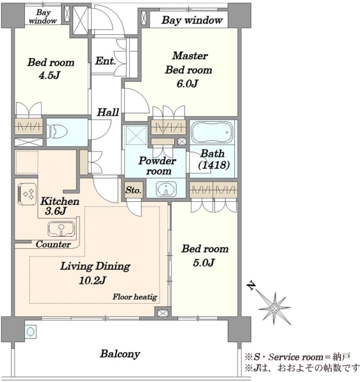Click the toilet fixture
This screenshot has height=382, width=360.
tap(57, 132)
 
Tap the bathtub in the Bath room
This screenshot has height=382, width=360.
tap(212, 132)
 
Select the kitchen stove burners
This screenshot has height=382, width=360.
tap(27, 194)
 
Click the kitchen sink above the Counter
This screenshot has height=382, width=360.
tap(61, 229)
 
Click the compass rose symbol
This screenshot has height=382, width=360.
tap(275, 308)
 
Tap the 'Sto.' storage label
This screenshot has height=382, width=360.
tap(134, 190)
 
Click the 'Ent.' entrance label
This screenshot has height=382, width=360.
tap(105, 61)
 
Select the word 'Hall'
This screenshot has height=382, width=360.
tap(108, 112)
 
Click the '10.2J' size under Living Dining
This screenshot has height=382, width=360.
tap(92, 280)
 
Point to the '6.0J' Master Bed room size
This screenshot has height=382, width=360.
tap(187, 84)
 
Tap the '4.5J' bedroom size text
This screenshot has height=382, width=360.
tap(50, 75)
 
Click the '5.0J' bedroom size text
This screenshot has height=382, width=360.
tap(204, 262)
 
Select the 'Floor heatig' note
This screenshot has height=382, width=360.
tap(135, 297)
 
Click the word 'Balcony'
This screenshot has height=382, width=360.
tap(120, 354)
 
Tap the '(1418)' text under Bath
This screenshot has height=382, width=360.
tap(214, 165)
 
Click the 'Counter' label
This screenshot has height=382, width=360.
tap(53, 244)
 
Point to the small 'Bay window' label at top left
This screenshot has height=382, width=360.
tap(43, 17)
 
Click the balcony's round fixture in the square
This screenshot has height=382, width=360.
tap(31, 332)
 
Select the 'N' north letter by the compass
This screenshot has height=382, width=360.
tap(251, 286)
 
